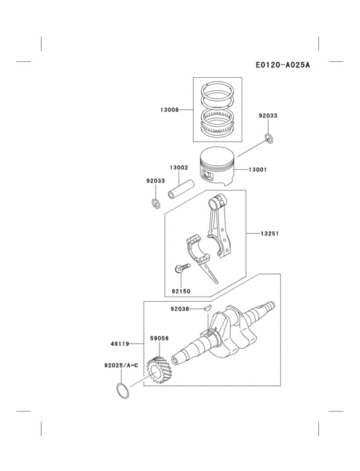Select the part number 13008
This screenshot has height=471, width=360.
[x=170, y=110]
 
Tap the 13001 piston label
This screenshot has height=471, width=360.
[x=258, y=170]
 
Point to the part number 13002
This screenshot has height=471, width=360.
[x=179, y=167]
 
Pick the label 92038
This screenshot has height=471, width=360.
[x=181, y=309]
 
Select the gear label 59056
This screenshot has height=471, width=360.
[x=159, y=337]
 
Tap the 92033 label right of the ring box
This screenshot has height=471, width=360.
[x=268, y=116]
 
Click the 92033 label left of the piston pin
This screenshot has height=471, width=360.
[x=155, y=181]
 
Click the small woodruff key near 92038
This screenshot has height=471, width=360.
[x=207, y=308]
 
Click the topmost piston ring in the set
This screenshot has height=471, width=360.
[x=217, y=86]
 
